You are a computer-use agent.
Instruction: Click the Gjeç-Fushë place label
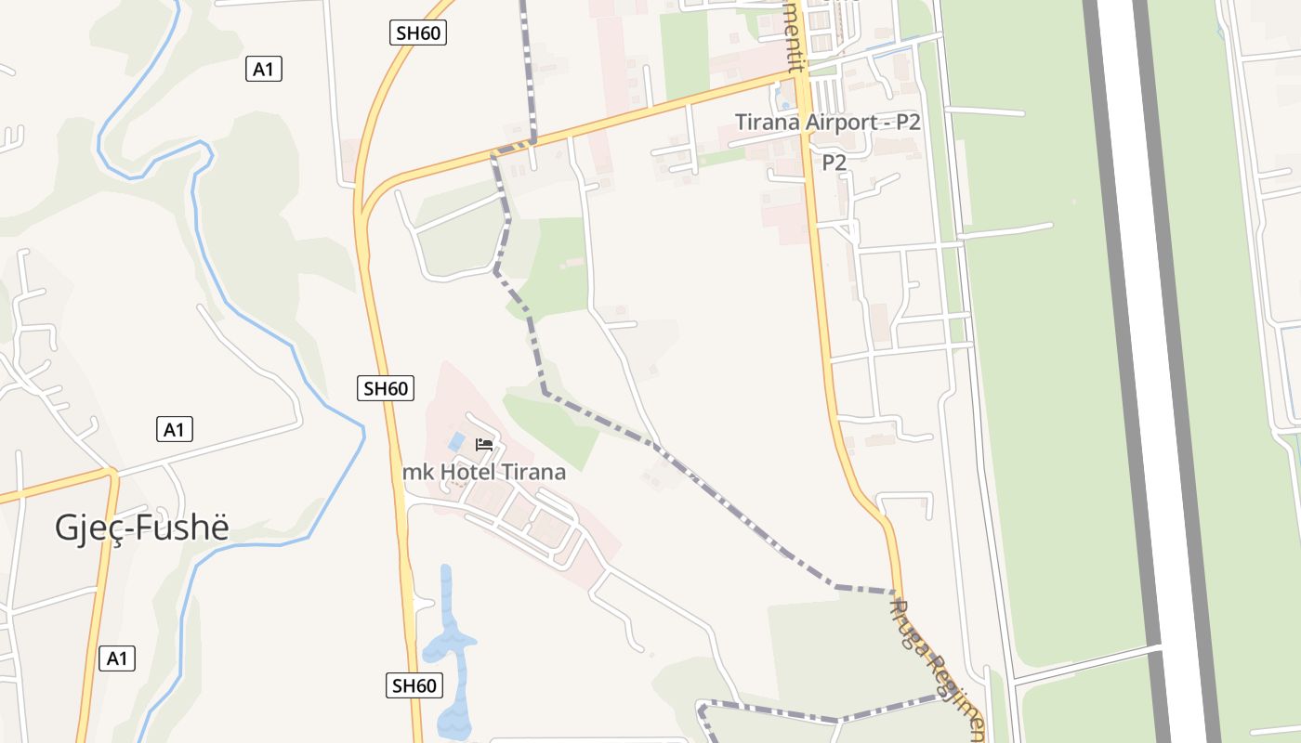[x=141, y=527]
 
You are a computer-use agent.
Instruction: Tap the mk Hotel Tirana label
[x=484, y=472]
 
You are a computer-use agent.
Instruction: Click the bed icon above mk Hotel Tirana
[x=483, y=444]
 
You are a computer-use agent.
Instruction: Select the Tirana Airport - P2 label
[x=827, y=122]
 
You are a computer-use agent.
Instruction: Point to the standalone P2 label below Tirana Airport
[x=834, y=163]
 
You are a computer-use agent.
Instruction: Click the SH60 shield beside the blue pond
[x=414, y=686]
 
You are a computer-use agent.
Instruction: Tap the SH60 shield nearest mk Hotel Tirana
[x=386, y=388]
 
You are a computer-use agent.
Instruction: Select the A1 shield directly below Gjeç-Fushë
[x=116, y=658]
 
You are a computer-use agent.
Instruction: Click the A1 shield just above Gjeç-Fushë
[x=174, y=429]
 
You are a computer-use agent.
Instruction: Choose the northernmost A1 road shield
[x=264, y=69]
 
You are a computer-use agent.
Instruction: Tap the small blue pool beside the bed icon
[x=456, y=439]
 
